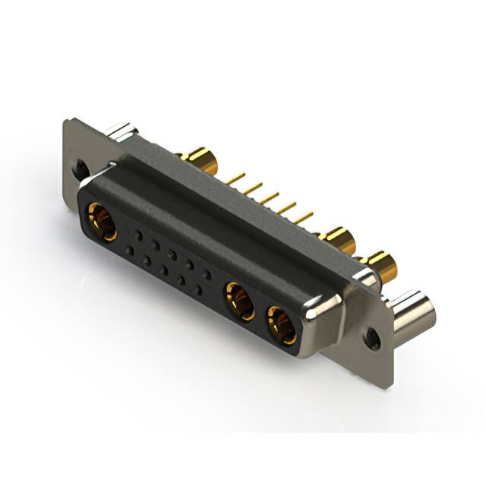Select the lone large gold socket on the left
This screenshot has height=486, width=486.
[102, 220]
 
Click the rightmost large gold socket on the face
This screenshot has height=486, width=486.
[282, 325]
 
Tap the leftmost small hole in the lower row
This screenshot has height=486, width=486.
[129, 250]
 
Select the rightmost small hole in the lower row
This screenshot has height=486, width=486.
[198, 290]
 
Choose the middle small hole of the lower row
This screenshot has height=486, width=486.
[163, 270]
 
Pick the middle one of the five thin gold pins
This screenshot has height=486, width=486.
[269, 198]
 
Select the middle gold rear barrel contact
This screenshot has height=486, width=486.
[339, 241]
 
